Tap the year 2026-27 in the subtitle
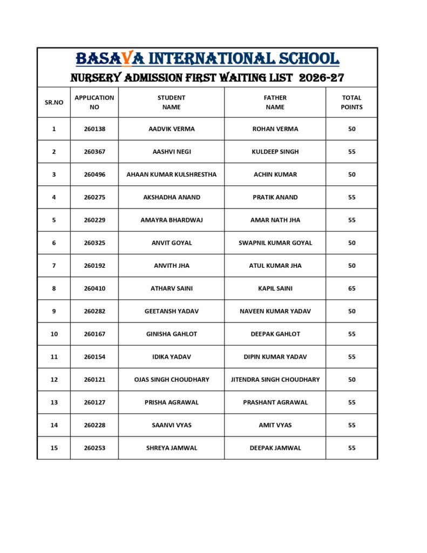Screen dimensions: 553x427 pos(321,78)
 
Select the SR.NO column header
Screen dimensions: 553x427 pos(54,102)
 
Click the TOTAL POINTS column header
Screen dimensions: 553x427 pos(351,102)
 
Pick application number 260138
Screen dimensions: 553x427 pos(94,129)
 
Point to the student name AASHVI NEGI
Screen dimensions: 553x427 pos(171,152)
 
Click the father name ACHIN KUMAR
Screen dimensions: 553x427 pos(275,174)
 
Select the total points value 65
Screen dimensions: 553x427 pos(351,288)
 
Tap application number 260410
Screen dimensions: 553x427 pos(94,288)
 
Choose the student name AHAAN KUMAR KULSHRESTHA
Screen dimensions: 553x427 pos(171,174)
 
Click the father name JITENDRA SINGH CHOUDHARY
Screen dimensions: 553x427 pos(275,380)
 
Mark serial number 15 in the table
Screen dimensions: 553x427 pos(54,448)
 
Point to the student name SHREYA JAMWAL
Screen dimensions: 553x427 pos(171,448)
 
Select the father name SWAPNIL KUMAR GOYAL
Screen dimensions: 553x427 pos(275,243)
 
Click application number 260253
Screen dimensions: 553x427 pos(94,448)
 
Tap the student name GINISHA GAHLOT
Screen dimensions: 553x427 pos(171,334)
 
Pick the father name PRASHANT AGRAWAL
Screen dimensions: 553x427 pos(275,402)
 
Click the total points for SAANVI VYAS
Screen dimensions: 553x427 pos(351,425)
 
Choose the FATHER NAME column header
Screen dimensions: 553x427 pos(275,102)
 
